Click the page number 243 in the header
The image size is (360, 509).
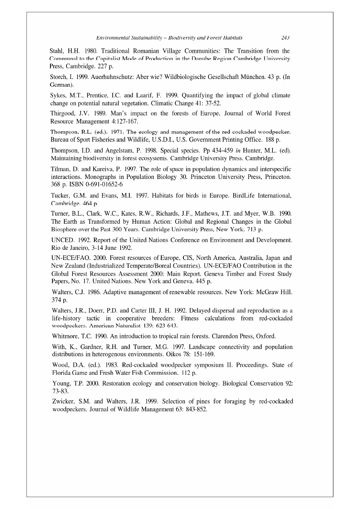click(286, 38)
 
